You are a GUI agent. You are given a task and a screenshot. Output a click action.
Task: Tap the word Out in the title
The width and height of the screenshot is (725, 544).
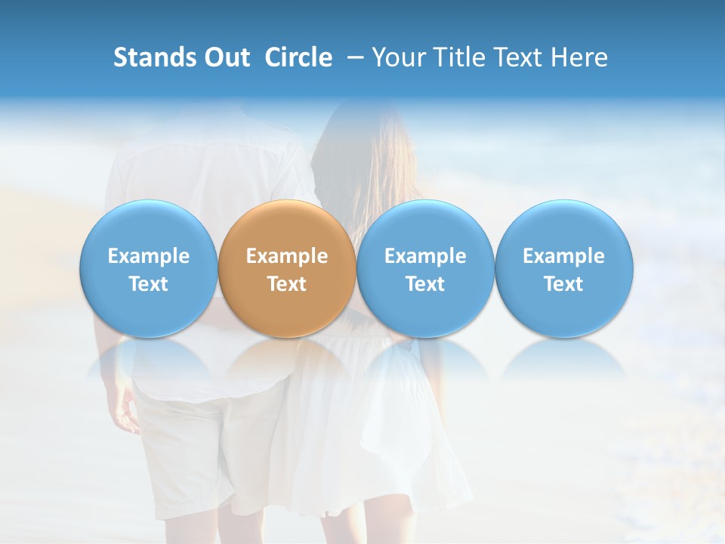[x=225, y=57]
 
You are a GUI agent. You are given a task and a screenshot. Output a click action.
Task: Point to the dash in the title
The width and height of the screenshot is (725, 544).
[x=352, y=57]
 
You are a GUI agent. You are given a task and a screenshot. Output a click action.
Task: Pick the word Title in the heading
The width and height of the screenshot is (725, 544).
[x=459, y=57]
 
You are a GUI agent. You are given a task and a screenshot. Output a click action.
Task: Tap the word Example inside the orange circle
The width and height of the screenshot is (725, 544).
[x=287, y=256]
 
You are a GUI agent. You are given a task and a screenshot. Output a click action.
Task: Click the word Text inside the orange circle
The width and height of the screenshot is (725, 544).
[x=287, y=284]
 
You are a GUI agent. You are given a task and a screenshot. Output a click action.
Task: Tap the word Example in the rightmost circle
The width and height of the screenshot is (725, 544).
[x=563, y=256]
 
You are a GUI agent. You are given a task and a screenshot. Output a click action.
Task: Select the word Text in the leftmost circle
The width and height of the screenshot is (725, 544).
[x=149, y=284]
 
